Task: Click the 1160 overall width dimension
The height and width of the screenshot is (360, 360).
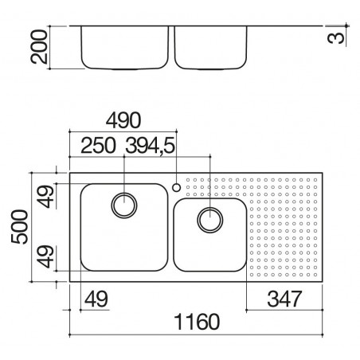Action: pyautogui.click(x=197, y=322)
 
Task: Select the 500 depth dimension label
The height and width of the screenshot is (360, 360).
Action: pyautogui.click(x=20, y=227)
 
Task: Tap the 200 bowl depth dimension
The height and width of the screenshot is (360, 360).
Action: pyautogui.click(x=39, y=47)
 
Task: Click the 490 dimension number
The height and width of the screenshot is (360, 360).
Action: pyautogui.click(x=123, y=120)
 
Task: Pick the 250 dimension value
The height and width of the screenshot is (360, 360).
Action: pyautogui.click(x=98, y=145)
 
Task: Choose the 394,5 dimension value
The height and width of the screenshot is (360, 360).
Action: pyautogui.click(x=151, y=146)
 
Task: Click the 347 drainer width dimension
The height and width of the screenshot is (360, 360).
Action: pyautogui.click(x=284, y=299)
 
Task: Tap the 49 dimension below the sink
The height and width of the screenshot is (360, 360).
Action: pyautogui.click(x=96, y=299)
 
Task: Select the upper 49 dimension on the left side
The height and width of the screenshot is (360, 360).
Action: pyautogui.click(x=45, y=197)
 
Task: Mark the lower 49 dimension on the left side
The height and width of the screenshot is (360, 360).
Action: pyautogui.click(x=45, y=256)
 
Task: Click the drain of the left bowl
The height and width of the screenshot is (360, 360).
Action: pyautogui.click(x=124, y=205)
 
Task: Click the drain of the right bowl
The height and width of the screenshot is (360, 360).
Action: pyautogui.click(x=210, y=220)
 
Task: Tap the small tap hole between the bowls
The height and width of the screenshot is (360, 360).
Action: pyautogui.click(x=176, y=188)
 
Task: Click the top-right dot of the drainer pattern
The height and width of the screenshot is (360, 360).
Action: pyautogui.click(x=315, y=180)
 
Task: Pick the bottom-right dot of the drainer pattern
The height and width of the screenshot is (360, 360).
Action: pyautogui.click(x=315, y=275)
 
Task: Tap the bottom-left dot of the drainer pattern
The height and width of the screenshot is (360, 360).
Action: pyautogui.click(x=252, y=275)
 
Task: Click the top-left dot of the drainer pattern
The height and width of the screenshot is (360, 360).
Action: pyautogui.click(x=188, y=180)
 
